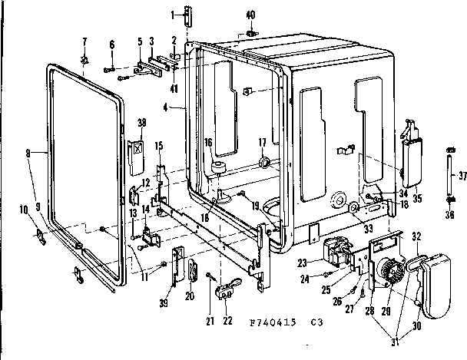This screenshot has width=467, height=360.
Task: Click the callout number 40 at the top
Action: [x=250, y=16]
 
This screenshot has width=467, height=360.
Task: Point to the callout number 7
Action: [x=84, y=41]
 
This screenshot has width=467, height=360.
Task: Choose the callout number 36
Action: [x=450, y=215]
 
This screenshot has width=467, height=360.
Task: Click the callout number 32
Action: [x=418, y=236]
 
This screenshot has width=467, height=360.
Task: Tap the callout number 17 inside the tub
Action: [x=261, y=142]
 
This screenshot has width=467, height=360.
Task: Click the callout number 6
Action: [x=112, y=45]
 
